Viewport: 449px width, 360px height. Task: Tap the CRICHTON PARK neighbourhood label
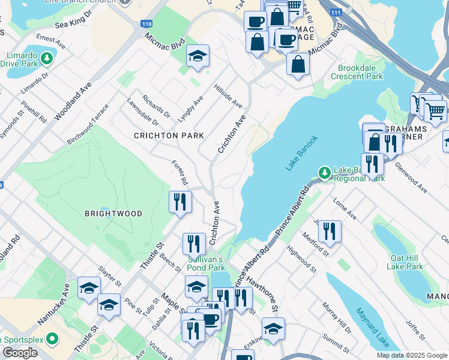(169, 136)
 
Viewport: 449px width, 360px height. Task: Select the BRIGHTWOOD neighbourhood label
(113, 214)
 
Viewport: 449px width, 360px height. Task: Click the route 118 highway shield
(146, 24)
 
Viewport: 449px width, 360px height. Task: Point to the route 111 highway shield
(337, 12)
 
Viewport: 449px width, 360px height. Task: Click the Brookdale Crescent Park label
(360, 72)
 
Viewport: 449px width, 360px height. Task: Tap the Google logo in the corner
(20, 353)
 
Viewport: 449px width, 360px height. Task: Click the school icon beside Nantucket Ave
(89, 287)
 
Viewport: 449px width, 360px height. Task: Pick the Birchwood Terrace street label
(88, 124)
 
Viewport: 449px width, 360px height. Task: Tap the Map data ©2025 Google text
(411, 355)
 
